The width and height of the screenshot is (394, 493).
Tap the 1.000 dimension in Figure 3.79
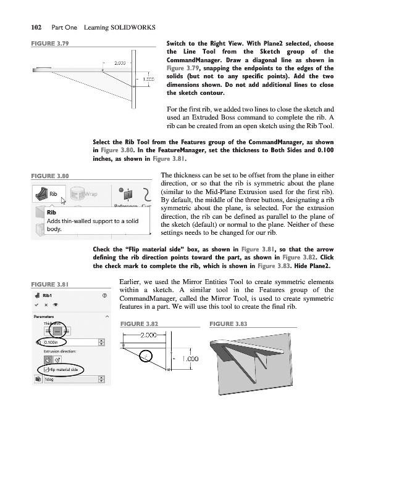point(148,79)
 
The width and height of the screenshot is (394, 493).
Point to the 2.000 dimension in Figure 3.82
point(148,335)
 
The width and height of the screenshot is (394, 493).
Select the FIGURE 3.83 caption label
point(229,324)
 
